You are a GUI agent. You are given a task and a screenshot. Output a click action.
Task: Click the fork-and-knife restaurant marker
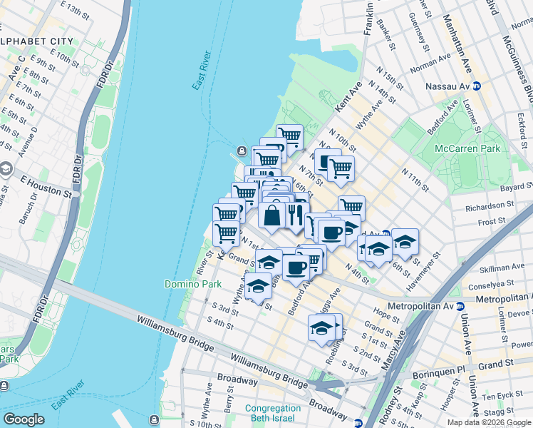[295, 213]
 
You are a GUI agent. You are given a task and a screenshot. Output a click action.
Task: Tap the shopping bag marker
[272, 215]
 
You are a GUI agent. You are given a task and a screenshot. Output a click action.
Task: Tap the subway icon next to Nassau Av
[478, 86]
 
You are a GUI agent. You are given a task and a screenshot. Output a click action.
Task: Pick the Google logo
[24, 419]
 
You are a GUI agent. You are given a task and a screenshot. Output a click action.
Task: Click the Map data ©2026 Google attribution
[489, 422]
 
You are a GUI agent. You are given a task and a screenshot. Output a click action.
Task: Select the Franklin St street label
[369, 19]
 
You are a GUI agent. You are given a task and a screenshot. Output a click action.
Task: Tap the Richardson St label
[489, 207]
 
